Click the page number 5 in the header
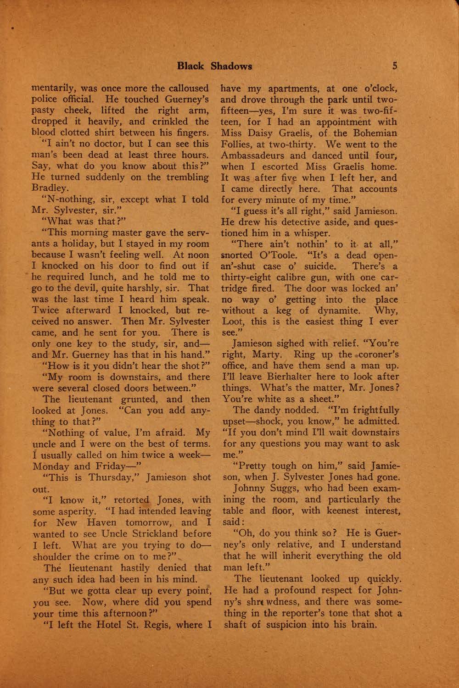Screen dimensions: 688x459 point(395,66)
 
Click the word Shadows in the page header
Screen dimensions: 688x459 point(231,66)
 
